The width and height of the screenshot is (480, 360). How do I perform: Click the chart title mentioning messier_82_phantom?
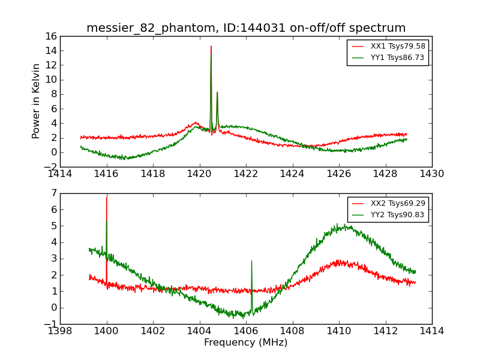pos(246,28)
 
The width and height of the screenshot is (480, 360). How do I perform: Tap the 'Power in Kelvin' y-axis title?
pos(37,101)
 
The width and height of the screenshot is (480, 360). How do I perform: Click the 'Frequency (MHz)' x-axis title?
pos(246,343)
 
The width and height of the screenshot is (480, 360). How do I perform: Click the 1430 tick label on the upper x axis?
pos(432,174)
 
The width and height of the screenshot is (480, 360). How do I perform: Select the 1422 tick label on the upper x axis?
pos(246,174)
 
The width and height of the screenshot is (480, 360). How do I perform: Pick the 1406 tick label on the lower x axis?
pos(246,331)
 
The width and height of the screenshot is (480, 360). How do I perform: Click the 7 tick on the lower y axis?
pos(53,193)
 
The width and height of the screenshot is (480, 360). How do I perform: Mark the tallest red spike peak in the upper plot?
pos(211,46)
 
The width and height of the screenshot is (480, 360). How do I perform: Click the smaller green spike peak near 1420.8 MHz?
pos(217,92)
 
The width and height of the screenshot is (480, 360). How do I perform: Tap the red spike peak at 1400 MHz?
pos(106,197)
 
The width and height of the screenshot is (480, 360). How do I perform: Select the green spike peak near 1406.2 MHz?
pos(251,261)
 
